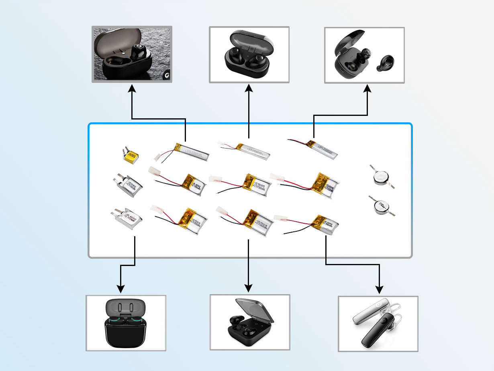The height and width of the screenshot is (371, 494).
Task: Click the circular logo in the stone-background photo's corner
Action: tap(166, 76)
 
